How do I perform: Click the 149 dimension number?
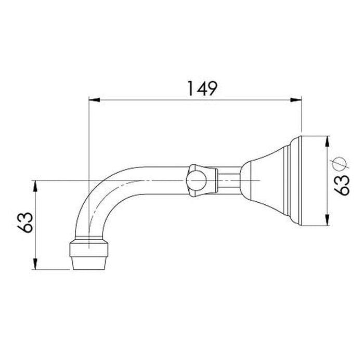[202, 88]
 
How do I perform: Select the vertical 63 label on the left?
[25, 222]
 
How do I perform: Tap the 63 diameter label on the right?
[342, 185]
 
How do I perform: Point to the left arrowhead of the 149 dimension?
[94, 100]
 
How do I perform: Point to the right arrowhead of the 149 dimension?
[296, 100]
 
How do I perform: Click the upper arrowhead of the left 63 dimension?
[35, 186]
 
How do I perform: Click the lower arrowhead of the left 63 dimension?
[35, 264]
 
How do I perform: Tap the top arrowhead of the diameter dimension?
[327, 141]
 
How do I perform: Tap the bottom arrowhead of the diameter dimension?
[327, 220]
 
